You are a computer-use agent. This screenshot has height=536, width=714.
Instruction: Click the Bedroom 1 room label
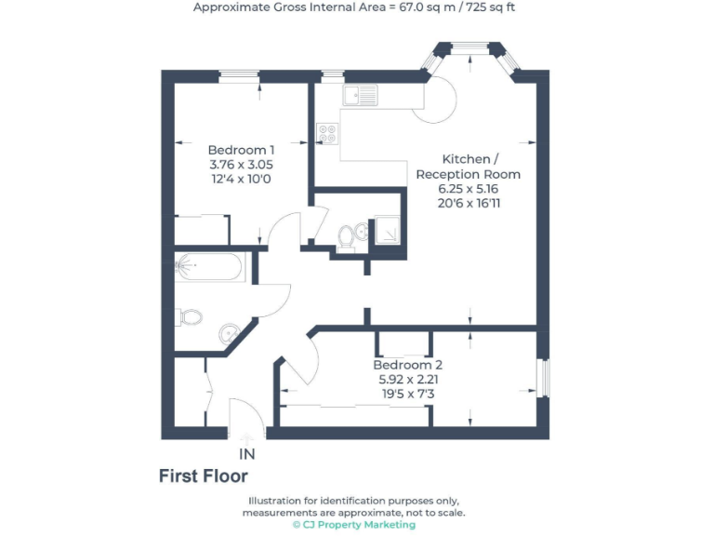(x=241, y=150)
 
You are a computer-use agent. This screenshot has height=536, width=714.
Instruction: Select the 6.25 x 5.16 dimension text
(x=468, y=189)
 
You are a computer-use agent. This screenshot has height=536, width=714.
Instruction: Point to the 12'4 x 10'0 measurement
(x=241, y=179)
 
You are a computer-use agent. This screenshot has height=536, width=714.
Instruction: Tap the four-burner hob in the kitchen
(x=327, y=134)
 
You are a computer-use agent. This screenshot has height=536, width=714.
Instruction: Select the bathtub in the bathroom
(x=209, y=266)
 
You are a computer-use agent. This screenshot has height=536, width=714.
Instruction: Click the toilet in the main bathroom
(x=191, y=317)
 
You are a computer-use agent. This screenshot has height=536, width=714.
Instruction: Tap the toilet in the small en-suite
(x=346, y=236)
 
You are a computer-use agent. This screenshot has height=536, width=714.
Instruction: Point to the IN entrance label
(x=247, y=455)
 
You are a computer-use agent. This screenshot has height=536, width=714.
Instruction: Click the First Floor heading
(x=204, y=476)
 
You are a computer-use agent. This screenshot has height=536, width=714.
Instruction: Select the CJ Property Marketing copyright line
(x=354, y=525)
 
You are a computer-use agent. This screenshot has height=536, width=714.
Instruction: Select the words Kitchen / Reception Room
(x=468, y=167)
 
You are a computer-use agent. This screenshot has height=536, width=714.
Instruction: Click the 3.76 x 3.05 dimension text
(x=241, y=165)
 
